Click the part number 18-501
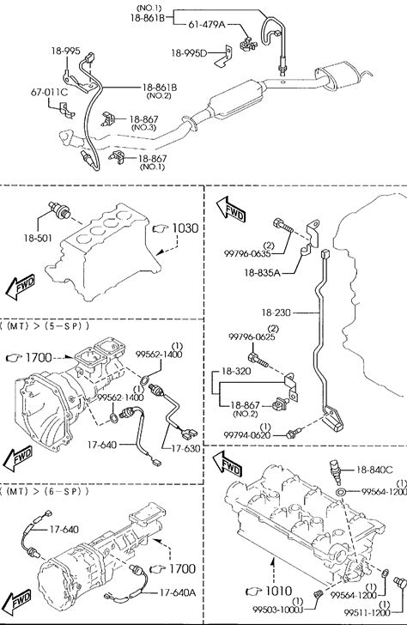pos(38,238)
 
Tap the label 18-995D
pos(189,53)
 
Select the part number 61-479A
pos(206,24)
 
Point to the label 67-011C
pos(50,93)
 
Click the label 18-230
pos(276,312)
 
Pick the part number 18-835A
pos(262,273)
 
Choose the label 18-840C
pos(374,470)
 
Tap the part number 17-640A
pos(178,592)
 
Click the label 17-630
pos(185,448)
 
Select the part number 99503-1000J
pos(278,610)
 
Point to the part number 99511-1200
pos(368,613)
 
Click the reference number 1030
pos(185,228)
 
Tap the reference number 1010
pos(279,591)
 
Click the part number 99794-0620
pos(246,435)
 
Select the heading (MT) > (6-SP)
pos(45,491)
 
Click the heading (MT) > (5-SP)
pos(45,326)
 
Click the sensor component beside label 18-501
pos(58,210)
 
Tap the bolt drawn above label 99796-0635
pos(282,226)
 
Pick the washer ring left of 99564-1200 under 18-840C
pos(340,491)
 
